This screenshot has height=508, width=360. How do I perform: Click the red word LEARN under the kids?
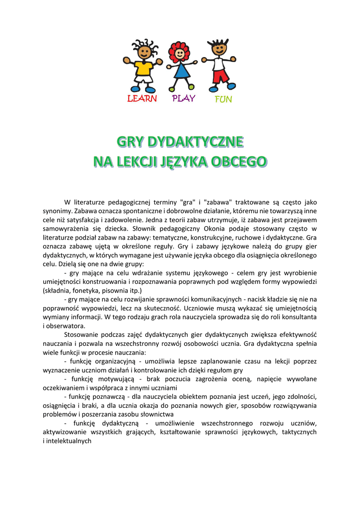pos(142,99)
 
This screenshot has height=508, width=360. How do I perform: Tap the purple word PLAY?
pos(183,98)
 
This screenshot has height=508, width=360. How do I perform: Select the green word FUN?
pos(223,99)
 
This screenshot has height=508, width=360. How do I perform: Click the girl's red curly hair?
pos(179,50)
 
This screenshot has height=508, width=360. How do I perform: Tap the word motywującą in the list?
pos(113,379)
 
